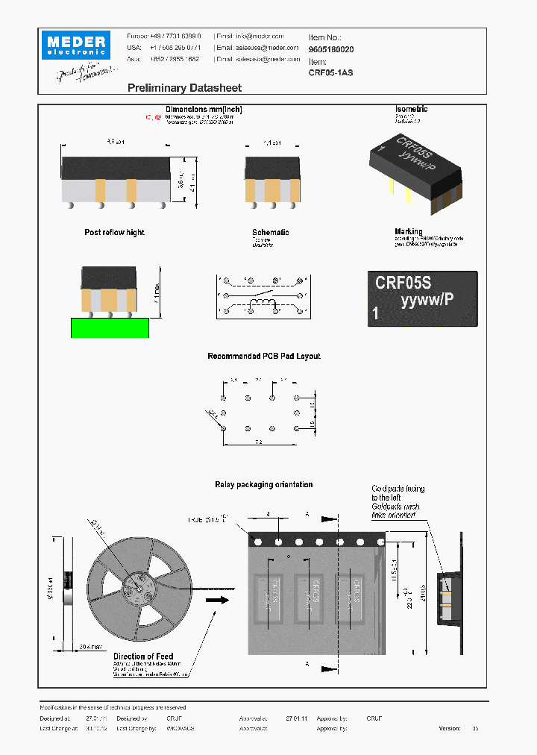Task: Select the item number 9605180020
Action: pyautogui.click(x=331, y=49)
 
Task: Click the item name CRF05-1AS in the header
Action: pyautogui.click(x=330, y=73)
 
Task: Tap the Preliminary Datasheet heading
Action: pyautogui.click(x=184, y=88)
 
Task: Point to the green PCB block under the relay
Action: pyautogui.click(x=109, y=327)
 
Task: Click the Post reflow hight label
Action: pyautogui.click(x=114, y=233)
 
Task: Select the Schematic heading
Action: pyautogui.click(x=270, y=233)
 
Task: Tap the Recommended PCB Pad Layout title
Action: pyautogui.click(x=263, y=357)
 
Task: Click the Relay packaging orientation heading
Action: pyautogui.click(x=263, y=485)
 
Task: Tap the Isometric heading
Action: pyautogui.click(x=411, y=110)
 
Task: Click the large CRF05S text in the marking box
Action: pyautogui.click(x=403, y=283)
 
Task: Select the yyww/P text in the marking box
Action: pyautogui.click(x=427, y=300)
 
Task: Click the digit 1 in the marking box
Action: pyautogui.click(x=375, y=315)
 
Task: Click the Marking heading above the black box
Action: pyautogui.click(x=408, y=232)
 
